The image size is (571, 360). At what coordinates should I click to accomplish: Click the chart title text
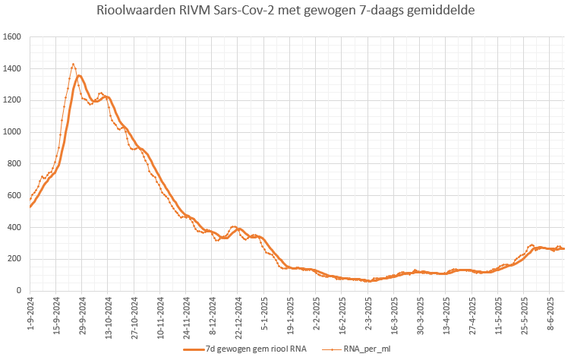(285, 12)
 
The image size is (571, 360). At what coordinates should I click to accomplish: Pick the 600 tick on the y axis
(14, 196)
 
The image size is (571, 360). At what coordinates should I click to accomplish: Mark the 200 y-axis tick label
(14, 259)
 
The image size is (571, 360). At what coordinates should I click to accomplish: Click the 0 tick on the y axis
(19, 291)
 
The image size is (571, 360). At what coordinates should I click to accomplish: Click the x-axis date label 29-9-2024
(83, 314)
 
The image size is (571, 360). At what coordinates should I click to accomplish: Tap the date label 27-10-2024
(134, 316)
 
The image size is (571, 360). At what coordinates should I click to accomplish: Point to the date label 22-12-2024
(238, 316)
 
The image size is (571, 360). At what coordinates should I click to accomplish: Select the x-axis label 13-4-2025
(446, 314)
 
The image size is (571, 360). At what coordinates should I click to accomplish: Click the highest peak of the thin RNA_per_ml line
(73, 65)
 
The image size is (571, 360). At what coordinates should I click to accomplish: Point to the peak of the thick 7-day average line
(79, 75)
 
